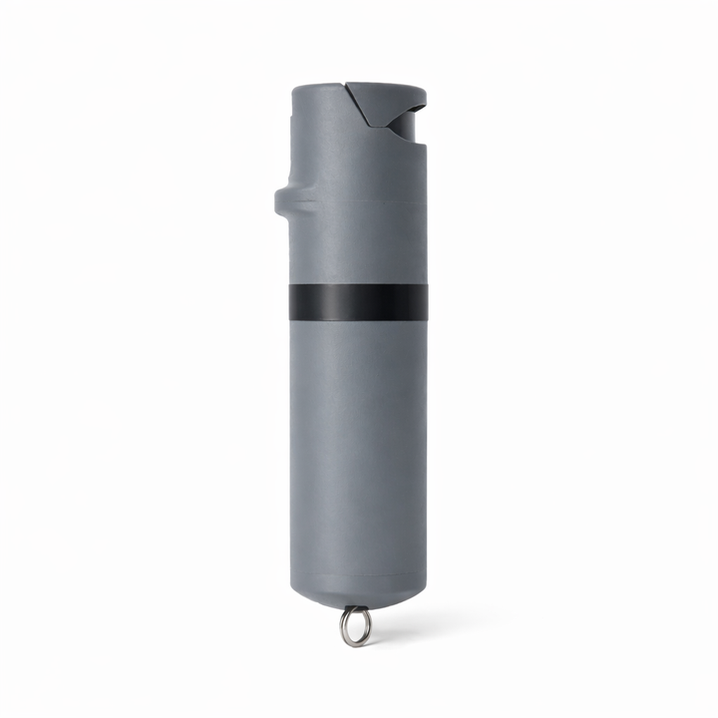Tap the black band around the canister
(358, 302)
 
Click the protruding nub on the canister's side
(283, 201)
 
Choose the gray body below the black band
(358, 449)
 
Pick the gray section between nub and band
(358, 249)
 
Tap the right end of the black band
(425, 302)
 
